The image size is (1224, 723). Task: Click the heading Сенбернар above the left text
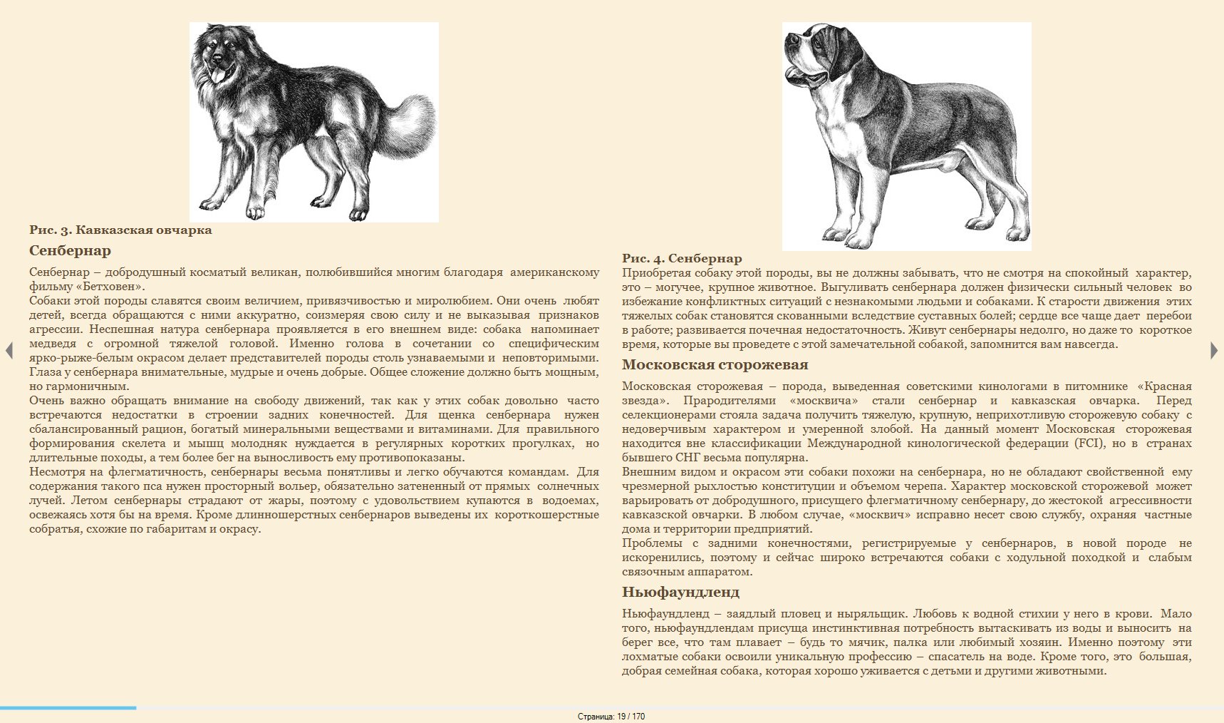tap(70, 251)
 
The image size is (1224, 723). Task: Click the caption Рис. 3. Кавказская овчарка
tap(120, 230)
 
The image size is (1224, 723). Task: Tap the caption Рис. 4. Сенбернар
tap(682, 259)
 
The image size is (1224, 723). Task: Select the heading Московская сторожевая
tap(715, 365)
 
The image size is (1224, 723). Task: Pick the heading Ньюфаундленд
tap(680, 593)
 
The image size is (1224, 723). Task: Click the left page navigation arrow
tap(9, 351)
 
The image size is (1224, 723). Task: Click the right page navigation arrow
tap(1214, 351)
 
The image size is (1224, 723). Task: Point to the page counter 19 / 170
tap(611, 717)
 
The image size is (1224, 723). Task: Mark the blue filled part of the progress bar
tap(68, 708)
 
